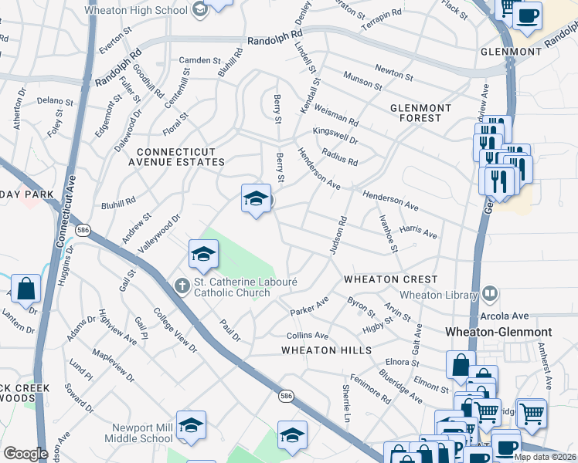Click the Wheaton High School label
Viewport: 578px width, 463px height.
(136, 10)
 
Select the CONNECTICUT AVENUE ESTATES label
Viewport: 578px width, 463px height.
(181, 157)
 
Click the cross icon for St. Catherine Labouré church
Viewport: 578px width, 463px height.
(182, 286)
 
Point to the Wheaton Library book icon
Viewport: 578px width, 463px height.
(488, 293)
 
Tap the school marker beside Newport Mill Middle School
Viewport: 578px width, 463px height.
(191, 426)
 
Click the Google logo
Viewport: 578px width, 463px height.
(25, 454)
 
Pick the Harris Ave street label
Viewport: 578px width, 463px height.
(419, 232)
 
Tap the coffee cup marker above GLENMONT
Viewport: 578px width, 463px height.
(527, 16)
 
